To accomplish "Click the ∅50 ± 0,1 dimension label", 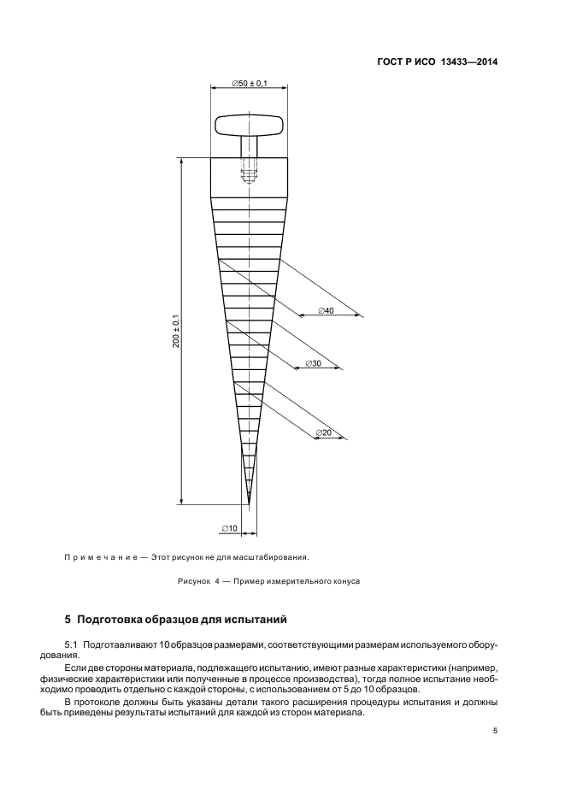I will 250,83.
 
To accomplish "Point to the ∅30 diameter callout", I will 312,363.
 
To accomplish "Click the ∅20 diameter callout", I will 324,432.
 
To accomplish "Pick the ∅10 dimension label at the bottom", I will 229,528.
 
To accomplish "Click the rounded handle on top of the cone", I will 249,126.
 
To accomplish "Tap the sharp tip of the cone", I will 249,500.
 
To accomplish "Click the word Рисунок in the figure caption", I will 193,581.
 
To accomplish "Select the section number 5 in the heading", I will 68,618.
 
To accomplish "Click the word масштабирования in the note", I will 273,556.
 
